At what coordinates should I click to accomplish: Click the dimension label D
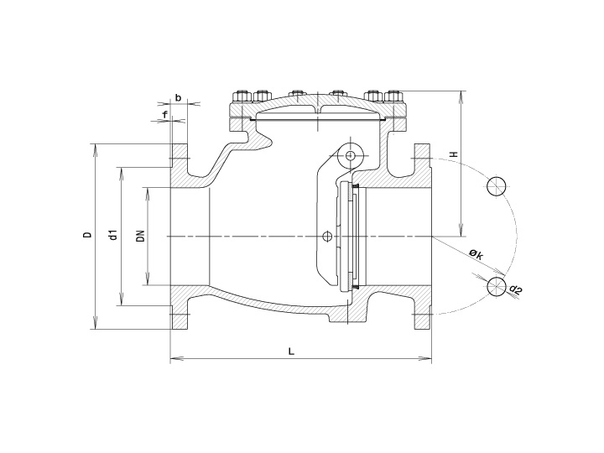(86, 236)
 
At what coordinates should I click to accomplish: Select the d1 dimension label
(112, 236)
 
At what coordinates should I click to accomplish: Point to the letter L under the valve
(291, 351)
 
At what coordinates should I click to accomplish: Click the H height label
(452, 155)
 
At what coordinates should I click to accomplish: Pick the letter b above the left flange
(178, 97)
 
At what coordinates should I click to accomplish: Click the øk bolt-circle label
(475, 253)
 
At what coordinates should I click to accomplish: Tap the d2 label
(515, 290)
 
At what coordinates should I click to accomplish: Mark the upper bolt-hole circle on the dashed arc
(496, 186)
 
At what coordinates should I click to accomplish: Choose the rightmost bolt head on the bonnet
(395, 94)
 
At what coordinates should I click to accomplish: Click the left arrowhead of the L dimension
(173, 360)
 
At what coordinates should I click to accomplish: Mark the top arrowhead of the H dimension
(461, 92)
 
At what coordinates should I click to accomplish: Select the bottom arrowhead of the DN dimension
(148, 282)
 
